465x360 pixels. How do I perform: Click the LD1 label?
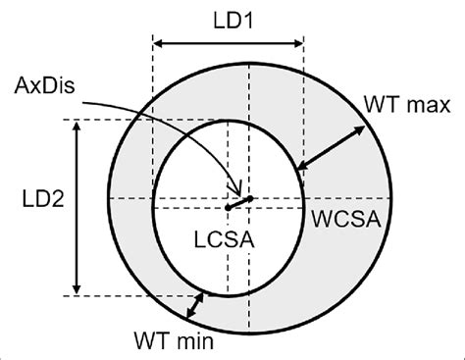click(x=229, y=19)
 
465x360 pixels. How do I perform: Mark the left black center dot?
click(x=228, y=207)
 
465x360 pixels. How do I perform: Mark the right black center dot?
click(x=251, y=199)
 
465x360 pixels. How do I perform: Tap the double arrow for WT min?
click(x=198, y=306)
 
